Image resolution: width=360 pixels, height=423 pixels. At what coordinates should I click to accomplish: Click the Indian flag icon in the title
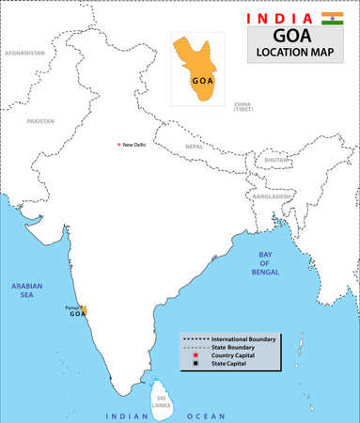[x=332, y=18]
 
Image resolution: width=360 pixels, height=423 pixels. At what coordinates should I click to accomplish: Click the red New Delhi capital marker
[x=118, y=144]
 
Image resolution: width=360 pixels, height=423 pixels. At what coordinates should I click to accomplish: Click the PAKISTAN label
[x=40, y=121]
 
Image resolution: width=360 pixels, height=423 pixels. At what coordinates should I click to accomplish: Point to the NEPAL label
[x=194, y=147]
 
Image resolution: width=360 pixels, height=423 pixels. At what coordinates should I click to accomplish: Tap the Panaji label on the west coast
[x=70, y=306]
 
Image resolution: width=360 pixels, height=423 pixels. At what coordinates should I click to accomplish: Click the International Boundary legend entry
[x=244, y=337]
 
